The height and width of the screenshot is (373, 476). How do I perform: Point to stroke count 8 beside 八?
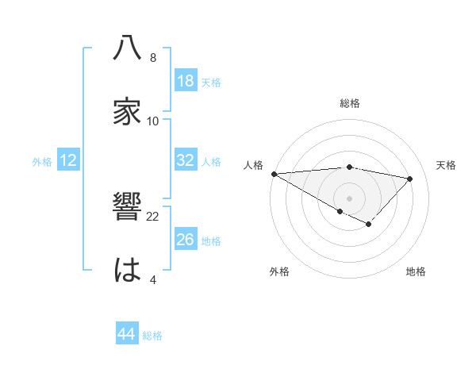153,58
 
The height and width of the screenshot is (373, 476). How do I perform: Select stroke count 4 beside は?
153,279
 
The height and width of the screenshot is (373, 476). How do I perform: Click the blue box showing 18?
185,81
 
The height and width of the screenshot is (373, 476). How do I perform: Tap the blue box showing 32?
185,160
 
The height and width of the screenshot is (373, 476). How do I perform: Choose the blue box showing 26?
185,240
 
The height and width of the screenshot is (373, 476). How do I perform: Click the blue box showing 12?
68,160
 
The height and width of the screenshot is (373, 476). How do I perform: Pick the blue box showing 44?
127,334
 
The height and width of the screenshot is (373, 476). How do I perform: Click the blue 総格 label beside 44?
152,336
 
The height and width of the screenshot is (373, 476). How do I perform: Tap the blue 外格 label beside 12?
42,162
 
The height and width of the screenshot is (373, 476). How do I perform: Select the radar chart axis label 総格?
349,103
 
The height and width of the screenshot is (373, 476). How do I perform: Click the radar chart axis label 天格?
447,165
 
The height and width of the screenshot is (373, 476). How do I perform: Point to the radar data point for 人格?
274,173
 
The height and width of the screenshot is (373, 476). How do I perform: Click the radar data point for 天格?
410,179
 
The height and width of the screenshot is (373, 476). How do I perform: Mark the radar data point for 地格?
368,225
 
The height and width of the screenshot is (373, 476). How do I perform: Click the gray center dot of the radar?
349,198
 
